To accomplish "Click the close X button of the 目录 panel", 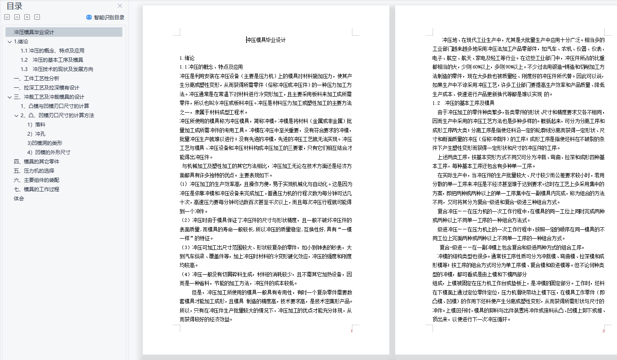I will (x=120, y=6).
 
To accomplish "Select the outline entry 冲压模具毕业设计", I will (x=34, y=32).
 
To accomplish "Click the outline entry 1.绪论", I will (x=21, y=41).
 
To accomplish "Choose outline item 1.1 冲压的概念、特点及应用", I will (x=53, y=50).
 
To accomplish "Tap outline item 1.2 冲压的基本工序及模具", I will (x=52, y=60).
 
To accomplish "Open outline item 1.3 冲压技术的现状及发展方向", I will (x=57, y=69).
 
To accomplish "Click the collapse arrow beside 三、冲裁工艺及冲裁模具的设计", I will (x=10, y=97).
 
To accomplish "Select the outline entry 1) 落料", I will (x=36, y=124).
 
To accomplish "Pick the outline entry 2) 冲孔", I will (x=36, y=134).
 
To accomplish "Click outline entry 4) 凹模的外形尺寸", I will (x=49, y=152).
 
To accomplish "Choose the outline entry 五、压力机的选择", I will (x=34, y=171).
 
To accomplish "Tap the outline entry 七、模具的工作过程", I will (x=37, y=189).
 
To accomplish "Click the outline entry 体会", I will (x=19, y=198).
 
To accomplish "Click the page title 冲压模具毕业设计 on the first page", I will (x=266, y=40).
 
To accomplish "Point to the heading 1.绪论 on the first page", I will (x=187, y=58).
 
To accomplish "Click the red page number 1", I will (x=352, y=331).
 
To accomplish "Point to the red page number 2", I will (x=603, y=331).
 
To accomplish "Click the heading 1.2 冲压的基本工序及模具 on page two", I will (x=463, y=103).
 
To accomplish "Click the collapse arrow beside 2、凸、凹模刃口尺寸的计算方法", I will (x=16, y=116).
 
